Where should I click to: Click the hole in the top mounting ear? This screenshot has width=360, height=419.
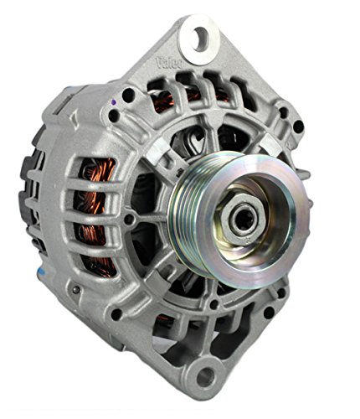tap(200, 36)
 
